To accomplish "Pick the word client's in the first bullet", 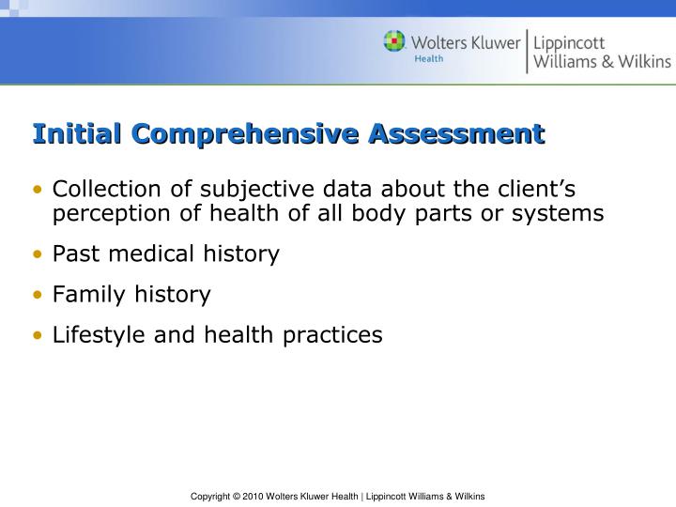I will [530, 189].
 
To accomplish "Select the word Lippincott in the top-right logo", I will [570, 42].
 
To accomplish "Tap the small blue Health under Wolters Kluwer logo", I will [429, 59].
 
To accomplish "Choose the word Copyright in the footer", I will [210, 495].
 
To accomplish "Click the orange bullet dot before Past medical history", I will [38, 254].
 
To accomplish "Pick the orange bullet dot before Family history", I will [38, 295].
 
